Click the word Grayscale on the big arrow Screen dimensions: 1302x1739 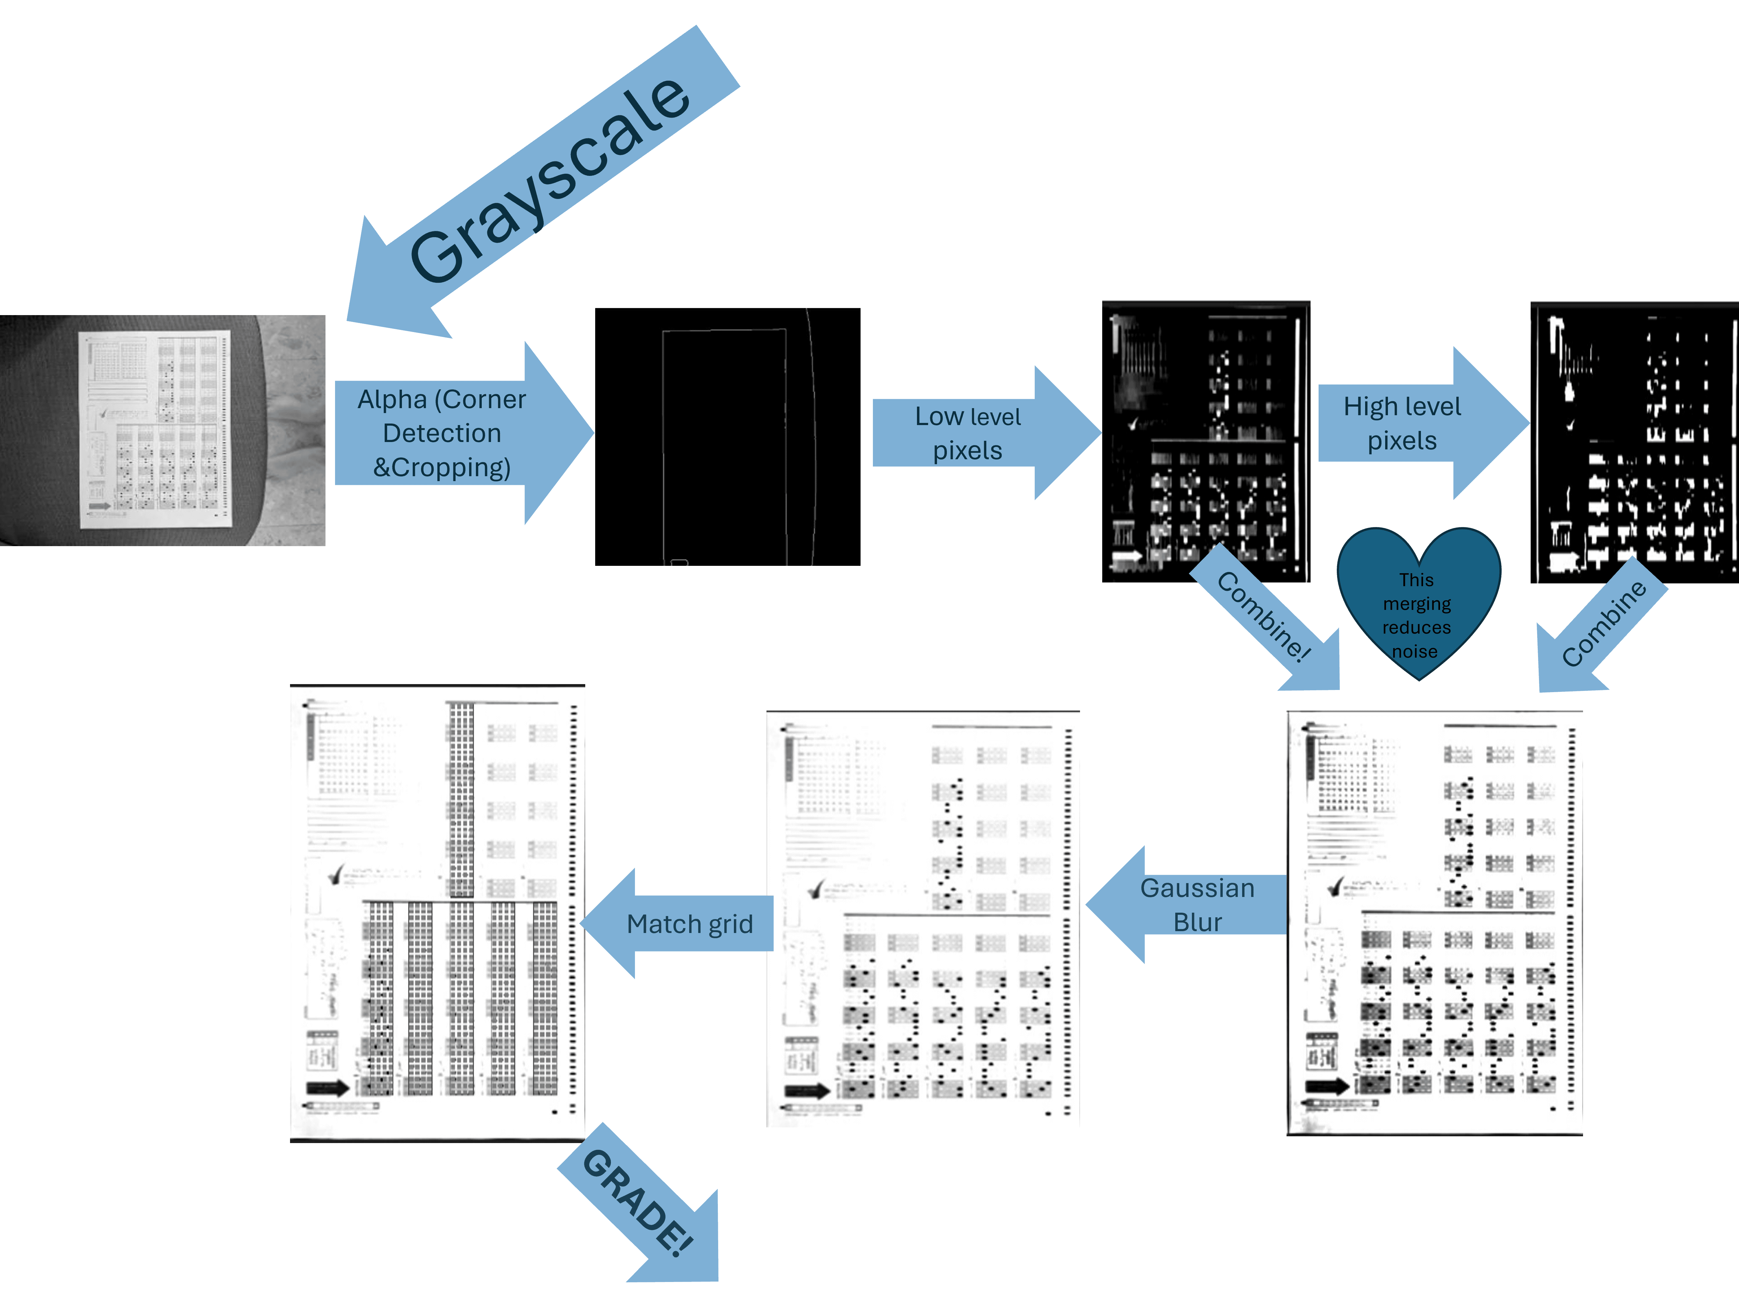[550, 181]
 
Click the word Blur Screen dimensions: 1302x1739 [1197, 923]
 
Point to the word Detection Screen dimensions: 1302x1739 [442, 433]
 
